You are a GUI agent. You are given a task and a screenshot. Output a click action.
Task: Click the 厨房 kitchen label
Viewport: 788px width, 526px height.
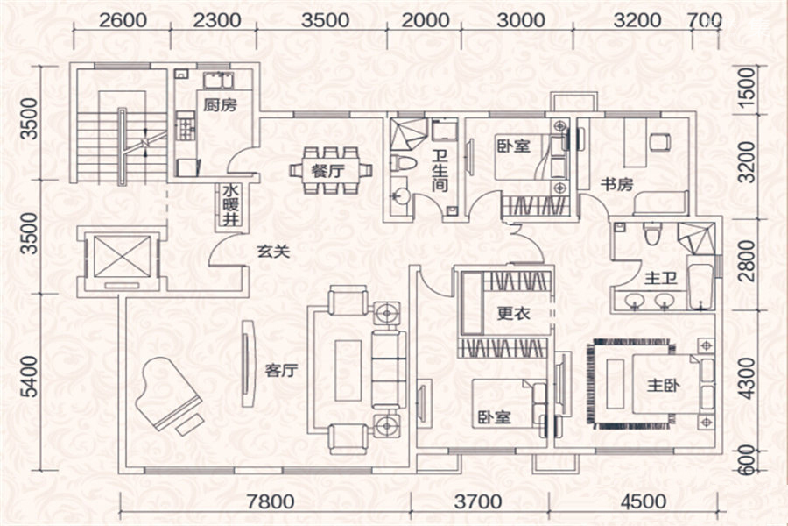(x=220, y=104)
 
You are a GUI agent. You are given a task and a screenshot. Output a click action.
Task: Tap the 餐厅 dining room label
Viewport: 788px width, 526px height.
(x=327, y=171)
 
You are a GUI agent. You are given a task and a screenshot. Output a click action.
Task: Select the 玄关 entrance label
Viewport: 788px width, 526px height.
(x=273, y=251)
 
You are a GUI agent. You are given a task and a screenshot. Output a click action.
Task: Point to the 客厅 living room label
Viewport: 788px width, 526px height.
(x=281, y=371)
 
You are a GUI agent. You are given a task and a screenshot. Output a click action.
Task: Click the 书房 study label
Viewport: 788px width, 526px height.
(x=616, y=184)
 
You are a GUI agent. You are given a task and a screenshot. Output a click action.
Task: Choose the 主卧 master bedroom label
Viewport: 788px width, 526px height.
(x=664, y=386)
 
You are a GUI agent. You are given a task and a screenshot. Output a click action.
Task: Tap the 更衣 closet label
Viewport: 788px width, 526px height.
(x=514, y=314)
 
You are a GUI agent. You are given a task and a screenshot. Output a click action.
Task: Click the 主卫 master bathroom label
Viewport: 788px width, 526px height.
(x=661, y=278)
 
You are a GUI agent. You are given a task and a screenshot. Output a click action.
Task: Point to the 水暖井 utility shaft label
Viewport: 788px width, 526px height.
(x=230, y=205)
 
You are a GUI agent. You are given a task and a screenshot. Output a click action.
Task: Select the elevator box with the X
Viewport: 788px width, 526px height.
(x=122, y=256)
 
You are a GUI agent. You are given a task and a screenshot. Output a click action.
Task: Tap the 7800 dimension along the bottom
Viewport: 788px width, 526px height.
(x=271, y=501)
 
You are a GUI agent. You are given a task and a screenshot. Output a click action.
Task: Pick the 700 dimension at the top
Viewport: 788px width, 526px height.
(x=705, y=20)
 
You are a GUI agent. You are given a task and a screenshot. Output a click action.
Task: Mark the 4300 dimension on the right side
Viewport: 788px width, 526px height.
(x=748, y=378)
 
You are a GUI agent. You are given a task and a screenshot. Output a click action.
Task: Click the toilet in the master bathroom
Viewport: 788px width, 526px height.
(x=651, y=233)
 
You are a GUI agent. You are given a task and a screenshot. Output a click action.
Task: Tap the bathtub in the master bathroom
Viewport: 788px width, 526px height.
(x=700, y=282)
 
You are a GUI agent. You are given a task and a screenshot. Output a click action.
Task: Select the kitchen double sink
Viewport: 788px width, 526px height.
(x=218, y=81)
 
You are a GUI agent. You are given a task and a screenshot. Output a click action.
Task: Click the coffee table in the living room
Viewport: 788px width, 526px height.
(x=348, y=370)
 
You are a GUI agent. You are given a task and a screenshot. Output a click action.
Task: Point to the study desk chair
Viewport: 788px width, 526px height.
(x=659, y=142)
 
